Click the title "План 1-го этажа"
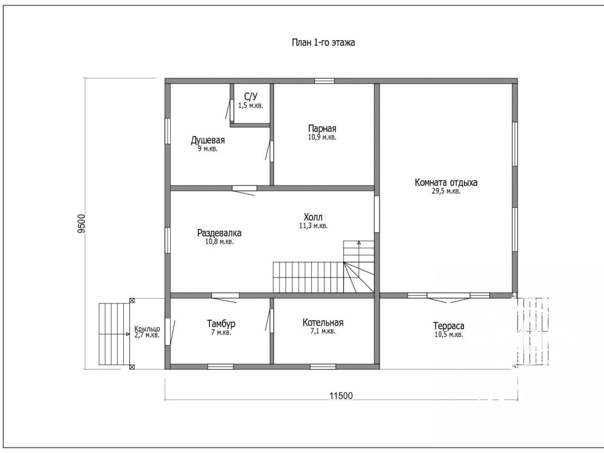[x=323, y=43]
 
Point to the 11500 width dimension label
[x=341, y=395]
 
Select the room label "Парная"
[x=322, y=129]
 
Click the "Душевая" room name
[x=207, y=140]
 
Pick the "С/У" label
[x=251, y=96]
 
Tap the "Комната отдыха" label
[x=446, y=182]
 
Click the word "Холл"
[x=313, y=217]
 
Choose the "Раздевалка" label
[x=219, y=233]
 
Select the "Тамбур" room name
[x=221, y=324]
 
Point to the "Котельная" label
[x=323, y=323]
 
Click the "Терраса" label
[x=449, y=326]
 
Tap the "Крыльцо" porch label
[x=147, y=329]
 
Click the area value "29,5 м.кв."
[x=446, y=191]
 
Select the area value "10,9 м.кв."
[x=322, y=137]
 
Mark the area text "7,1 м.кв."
[x=323, y=331]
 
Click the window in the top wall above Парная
[x=324, y=81]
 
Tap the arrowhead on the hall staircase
[x=359, y=243]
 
